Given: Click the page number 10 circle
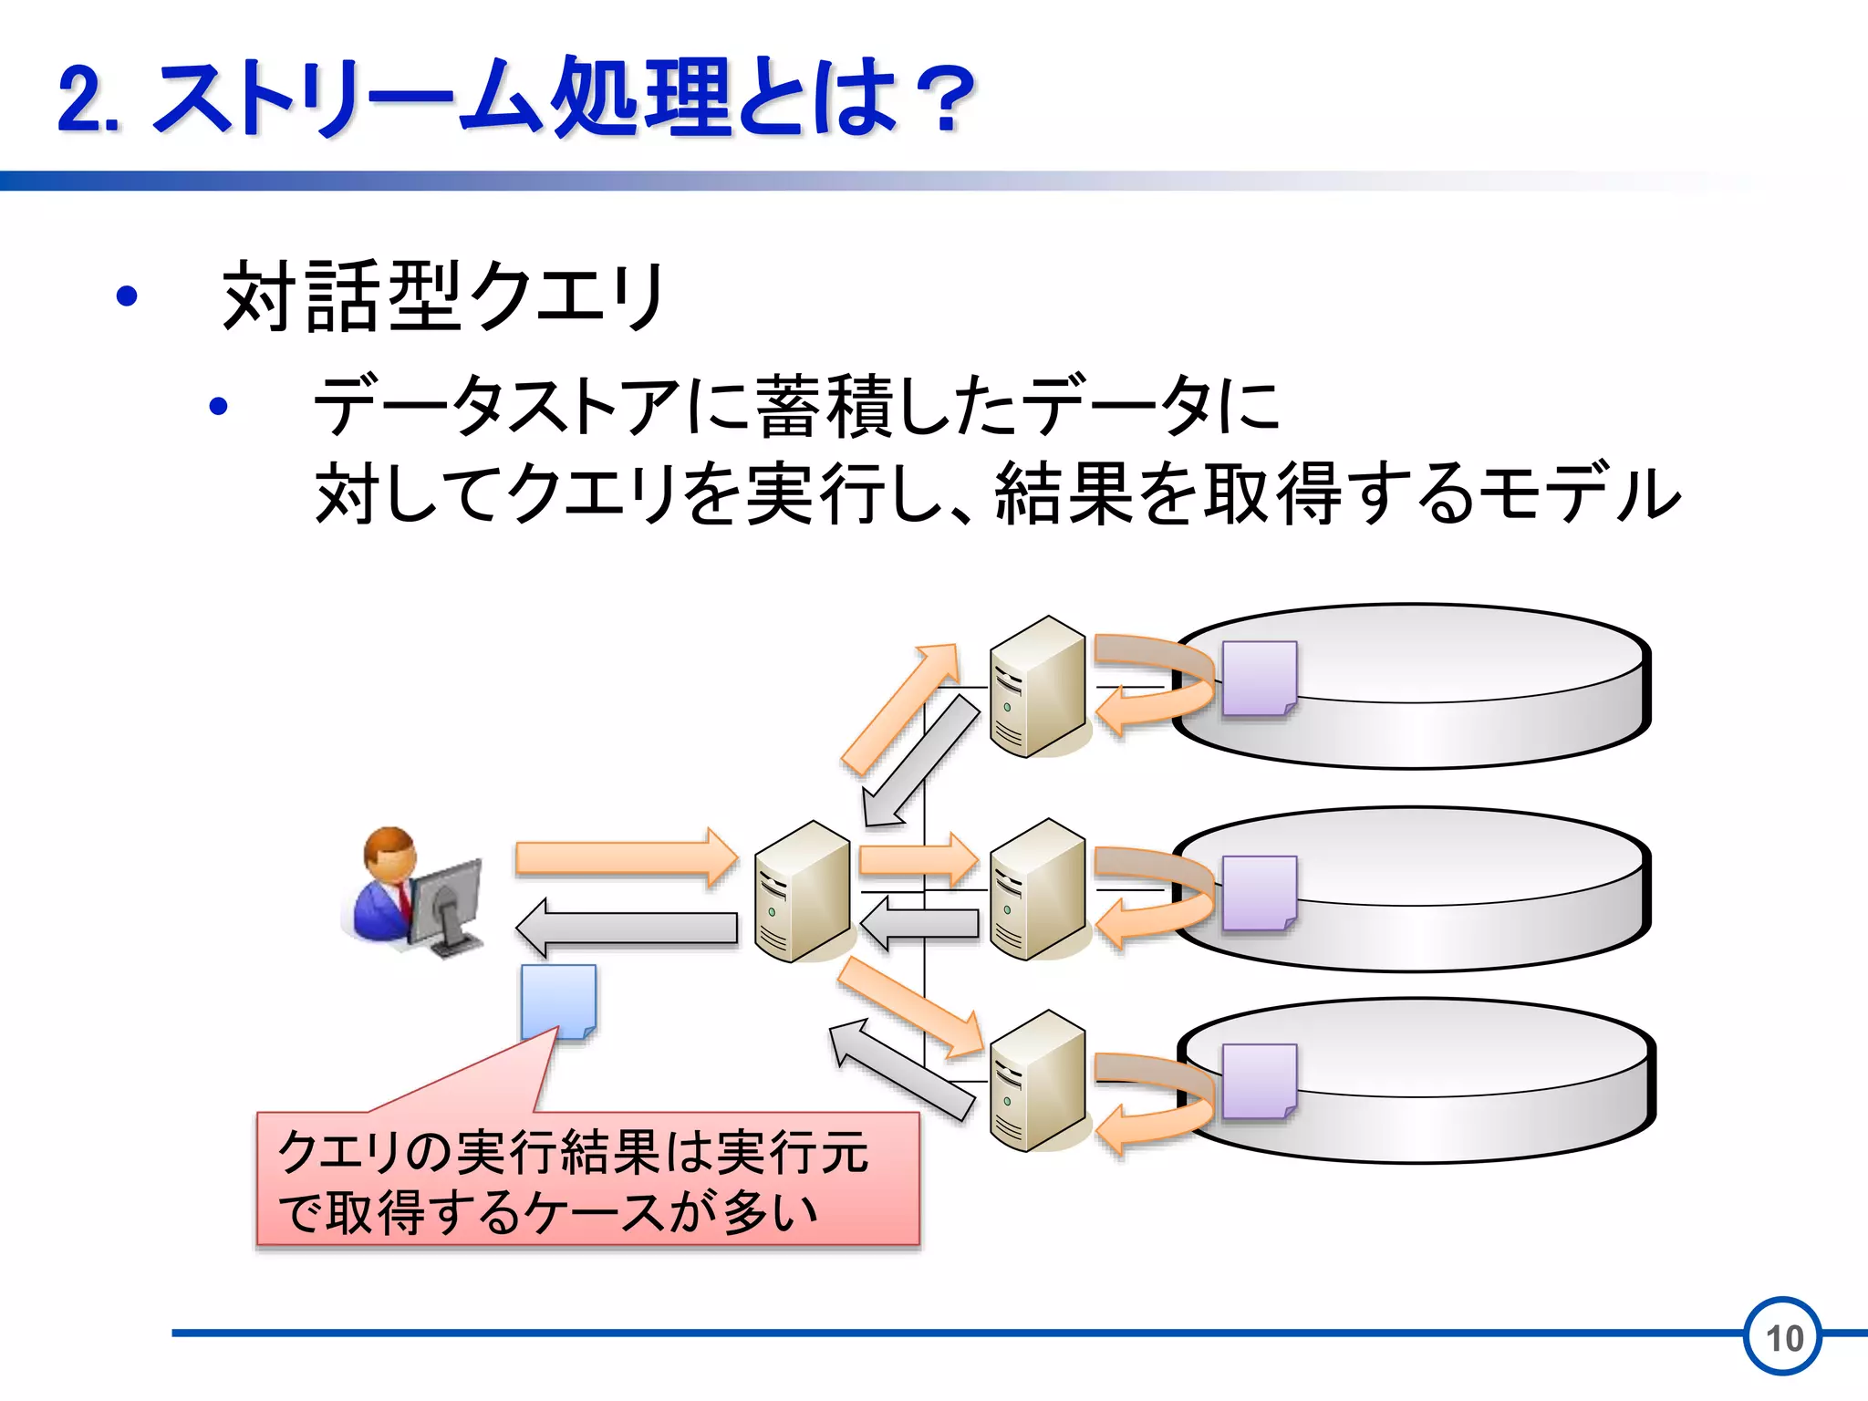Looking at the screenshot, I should pyautogui.click(x=1783, y=1337).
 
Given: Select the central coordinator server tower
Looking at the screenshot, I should pyautogui.click(x=803, y=891).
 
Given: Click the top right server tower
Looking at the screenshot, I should pyautogui.click(x=1038, y=686).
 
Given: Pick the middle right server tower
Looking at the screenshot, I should pyautogui.click(x=1038, y=889).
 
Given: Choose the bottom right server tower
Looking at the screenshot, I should pyautogui.click(x=1038, y=1081).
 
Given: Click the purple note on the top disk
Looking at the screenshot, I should pyautogui.click(x=1259, y=678).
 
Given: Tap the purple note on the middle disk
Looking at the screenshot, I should pyautogui.click(x=1259, y=893).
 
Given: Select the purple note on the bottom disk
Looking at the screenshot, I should pyautogui.click(x=1259, y=1081).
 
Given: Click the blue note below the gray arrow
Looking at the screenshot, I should pyautogui.click(x=558, y=1001).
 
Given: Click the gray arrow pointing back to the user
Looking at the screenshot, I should pyautogui.click(x=627, y=928).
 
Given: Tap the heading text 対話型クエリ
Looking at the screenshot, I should pyautogui.click(x=443, y=296).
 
